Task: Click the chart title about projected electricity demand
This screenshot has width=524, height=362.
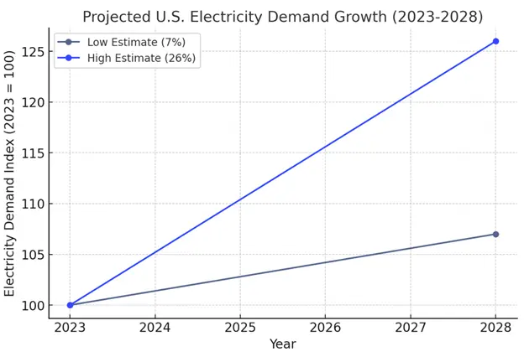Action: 282,17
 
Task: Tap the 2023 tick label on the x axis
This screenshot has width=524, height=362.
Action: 70,327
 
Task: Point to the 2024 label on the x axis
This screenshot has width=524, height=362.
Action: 155,327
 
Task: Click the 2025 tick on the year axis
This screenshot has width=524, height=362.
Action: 240,327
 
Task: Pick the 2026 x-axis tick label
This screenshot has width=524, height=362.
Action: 325,327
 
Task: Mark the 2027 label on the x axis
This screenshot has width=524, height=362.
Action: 411,327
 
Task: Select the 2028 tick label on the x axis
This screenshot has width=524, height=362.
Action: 495,327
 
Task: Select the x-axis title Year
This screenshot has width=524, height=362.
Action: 282,344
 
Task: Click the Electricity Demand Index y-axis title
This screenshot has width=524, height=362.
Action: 10,173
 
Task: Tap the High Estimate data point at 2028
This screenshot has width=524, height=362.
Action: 495,41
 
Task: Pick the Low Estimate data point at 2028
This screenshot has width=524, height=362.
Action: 495,234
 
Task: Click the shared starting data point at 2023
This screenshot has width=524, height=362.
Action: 70,305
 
